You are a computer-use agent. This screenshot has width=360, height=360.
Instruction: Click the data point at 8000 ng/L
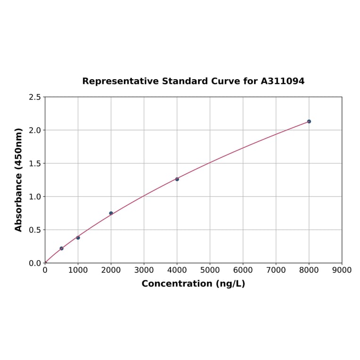309,122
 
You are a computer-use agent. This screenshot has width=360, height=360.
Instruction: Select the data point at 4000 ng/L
177,179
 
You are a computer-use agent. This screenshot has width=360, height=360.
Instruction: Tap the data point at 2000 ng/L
111,213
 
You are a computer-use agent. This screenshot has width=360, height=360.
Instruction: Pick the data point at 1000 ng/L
78,237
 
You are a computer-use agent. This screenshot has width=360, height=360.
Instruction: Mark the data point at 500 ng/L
61,248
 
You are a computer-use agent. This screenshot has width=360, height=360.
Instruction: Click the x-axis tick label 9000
342,270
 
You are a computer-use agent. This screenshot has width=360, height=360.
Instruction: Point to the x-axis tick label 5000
210,270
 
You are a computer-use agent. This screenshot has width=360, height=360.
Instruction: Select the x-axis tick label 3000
144,270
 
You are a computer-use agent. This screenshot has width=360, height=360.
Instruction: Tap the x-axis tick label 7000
276,270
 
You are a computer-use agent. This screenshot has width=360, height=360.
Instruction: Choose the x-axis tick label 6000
243,270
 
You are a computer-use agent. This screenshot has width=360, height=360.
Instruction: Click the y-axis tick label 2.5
35,97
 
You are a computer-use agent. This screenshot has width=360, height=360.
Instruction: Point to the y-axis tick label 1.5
35,164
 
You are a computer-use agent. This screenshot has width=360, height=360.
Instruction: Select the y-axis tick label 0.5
35,230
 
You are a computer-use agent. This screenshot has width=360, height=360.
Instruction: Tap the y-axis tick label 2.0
35,130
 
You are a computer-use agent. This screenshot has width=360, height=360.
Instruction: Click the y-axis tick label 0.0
35,263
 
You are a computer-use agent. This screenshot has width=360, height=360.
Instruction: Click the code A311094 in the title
282,81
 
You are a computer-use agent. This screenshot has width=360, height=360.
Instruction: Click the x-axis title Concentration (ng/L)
193,284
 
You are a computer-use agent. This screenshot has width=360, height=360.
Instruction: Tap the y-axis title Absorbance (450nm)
19,180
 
